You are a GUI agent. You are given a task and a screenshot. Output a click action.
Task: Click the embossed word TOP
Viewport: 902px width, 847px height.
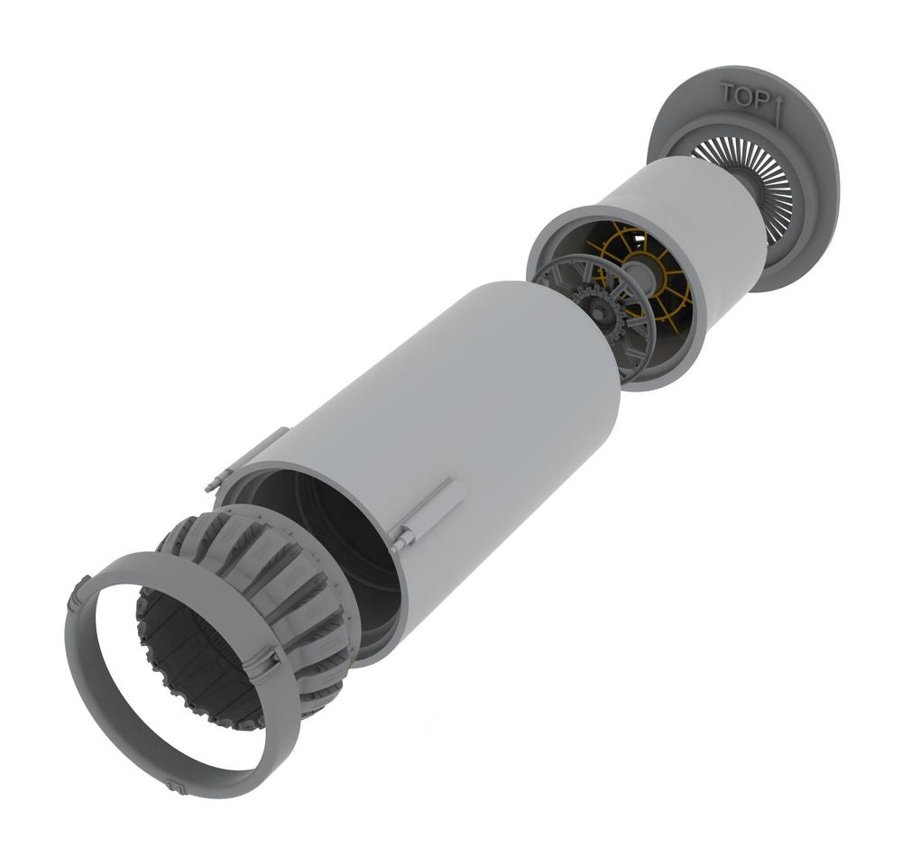point(744,97)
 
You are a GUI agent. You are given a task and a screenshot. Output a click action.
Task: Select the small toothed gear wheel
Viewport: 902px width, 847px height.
point(601,314)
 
